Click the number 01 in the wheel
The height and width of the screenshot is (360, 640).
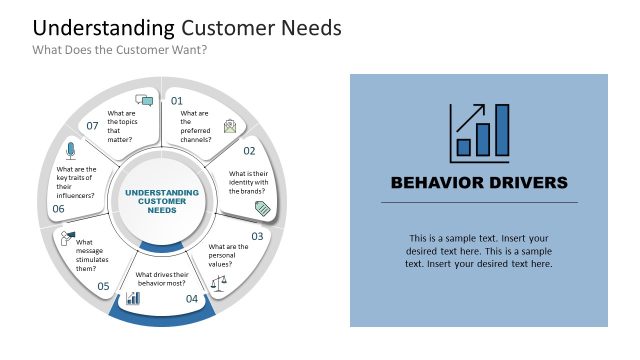tap(177, 101)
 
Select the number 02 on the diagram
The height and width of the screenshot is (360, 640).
tap(249, 151)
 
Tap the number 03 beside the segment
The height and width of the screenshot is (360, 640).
tap(257, 236)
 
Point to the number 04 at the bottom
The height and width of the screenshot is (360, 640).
tap(192, 298)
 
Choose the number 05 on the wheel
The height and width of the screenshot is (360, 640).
tap(103, 286)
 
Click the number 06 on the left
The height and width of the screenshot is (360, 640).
tap(58, 209)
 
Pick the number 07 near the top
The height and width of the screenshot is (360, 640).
tap(92, 126)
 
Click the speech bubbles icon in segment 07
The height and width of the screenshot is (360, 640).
tap(144, 100)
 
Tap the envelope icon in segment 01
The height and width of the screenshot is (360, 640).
tap(230, 126)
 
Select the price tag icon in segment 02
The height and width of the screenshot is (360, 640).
tap(263, 208)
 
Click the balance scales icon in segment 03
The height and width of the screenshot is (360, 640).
tap(219, 283)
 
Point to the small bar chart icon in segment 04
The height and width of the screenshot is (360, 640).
tap(132, 298)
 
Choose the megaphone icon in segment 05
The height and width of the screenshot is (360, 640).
tap(67, 237)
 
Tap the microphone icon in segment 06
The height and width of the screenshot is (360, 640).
tap(70, 151)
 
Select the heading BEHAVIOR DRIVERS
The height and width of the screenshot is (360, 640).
tap(479, 182)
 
